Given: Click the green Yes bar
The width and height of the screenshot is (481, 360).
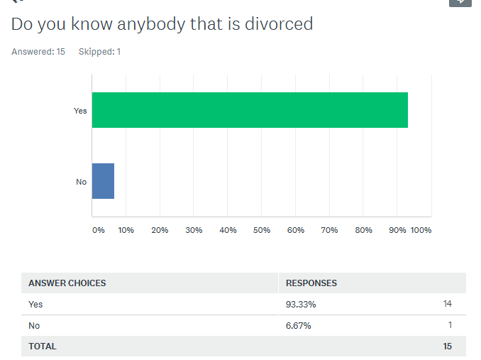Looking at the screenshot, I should point(250,110).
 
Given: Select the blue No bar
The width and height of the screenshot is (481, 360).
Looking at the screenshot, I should point(103,181).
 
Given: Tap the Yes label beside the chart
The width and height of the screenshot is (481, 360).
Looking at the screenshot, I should point(80,111).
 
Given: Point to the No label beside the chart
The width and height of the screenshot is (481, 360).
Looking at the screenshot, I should point(82,182).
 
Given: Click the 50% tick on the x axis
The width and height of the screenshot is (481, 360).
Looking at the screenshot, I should point(262,230).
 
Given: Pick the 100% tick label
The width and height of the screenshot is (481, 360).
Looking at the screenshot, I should point(421,230).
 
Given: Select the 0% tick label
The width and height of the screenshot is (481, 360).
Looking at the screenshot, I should point(99,230).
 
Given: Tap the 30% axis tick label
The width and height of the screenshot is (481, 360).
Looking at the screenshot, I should point(194,230).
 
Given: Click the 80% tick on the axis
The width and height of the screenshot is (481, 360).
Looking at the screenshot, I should point(363,230).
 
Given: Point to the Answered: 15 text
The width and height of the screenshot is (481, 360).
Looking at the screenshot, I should point(38,52).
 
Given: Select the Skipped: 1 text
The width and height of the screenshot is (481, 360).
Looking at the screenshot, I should point(99,52).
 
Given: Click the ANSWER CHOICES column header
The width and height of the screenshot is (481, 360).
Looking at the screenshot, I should point(67,283).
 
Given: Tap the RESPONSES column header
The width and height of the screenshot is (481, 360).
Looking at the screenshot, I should point(311,283).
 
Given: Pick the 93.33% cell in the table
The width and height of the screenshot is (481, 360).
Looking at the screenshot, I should point(301,304).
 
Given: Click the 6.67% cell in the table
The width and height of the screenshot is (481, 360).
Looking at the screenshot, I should point(299,325).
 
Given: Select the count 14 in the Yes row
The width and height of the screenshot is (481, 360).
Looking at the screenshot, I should point(448,304).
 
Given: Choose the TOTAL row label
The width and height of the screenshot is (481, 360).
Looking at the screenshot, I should point(43,347).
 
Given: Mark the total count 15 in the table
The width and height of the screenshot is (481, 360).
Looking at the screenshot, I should point(447,347).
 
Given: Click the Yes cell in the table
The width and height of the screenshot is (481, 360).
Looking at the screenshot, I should point(35,304).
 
